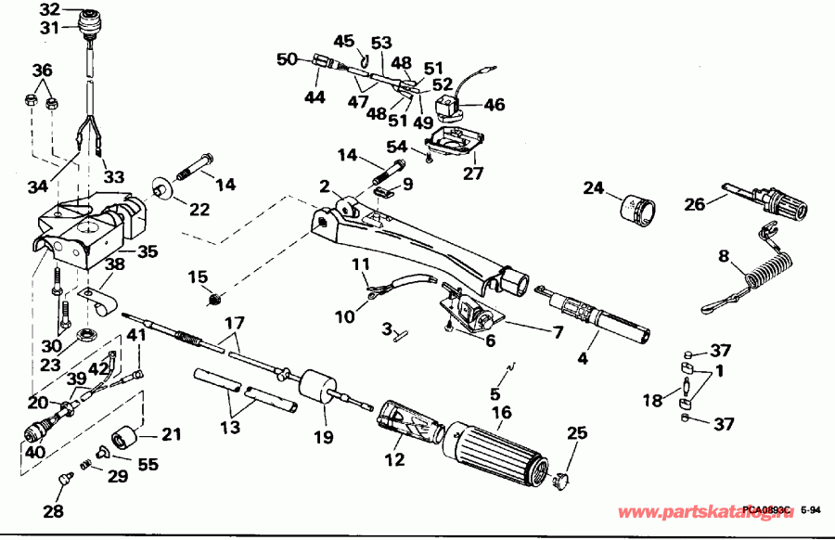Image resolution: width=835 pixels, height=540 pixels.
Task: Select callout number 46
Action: click(x=495, y=105)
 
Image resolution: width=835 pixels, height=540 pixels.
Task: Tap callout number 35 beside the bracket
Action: click(x=148, y=251)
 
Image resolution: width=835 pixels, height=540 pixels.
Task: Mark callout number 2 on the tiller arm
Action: click(x=326, y=187)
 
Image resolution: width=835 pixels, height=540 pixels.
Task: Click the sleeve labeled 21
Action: click(x=125, y=437)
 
